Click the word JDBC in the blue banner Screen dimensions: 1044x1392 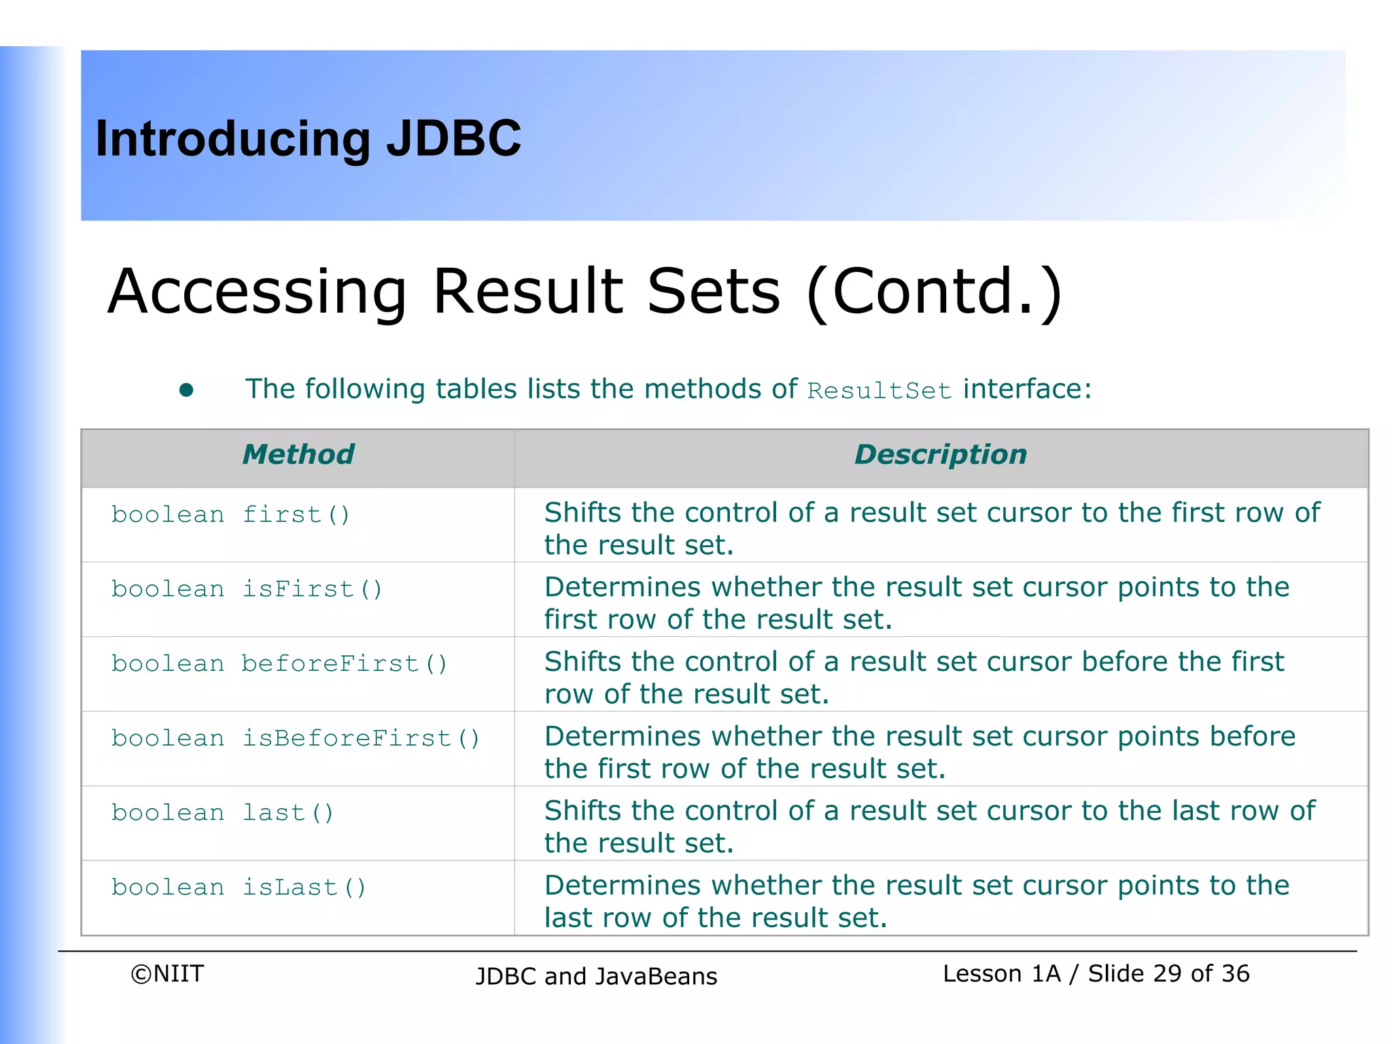click(453, 139)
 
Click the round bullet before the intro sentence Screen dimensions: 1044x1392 click(186, 390)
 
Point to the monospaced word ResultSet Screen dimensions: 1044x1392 click(879, 391)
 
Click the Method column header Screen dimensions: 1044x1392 click(298, 454)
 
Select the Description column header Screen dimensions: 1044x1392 click(941, 454)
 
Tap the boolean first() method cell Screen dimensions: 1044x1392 click(230, 515)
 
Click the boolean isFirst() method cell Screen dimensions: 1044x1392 click(247, 589)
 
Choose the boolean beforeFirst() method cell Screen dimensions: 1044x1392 click(279, 663)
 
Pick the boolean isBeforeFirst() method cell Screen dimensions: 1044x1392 click(296, 738)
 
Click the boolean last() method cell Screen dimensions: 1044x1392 click(222, 812)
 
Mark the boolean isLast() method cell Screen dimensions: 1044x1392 click(239, 887)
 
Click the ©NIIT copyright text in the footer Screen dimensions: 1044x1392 click(167, 973)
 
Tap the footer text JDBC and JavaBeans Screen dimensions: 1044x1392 click(596, 976)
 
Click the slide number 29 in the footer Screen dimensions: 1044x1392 click(1167, 973)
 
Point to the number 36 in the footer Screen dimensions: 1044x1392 click(1235, 973)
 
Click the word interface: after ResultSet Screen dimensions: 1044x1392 click(1027, 389)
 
